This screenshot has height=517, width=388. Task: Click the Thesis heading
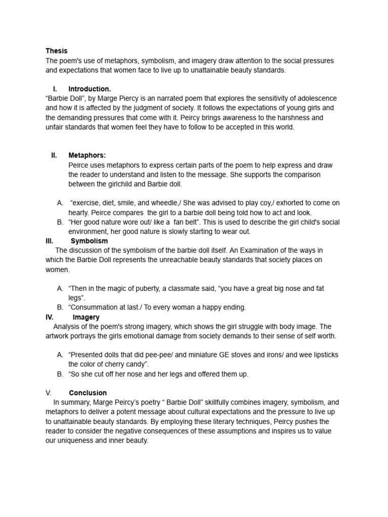point(56,51)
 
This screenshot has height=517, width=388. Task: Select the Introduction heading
point(89,89)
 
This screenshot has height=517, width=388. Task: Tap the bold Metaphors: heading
point(87,156)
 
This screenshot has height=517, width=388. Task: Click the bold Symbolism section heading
point(89,241)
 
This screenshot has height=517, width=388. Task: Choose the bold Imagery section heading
point(86,318)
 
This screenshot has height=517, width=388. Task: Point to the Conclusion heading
point(88,393)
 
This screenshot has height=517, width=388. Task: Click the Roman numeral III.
point(50,241)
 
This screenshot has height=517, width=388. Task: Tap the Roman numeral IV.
point(50,318)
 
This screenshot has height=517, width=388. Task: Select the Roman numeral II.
point(54,156)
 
